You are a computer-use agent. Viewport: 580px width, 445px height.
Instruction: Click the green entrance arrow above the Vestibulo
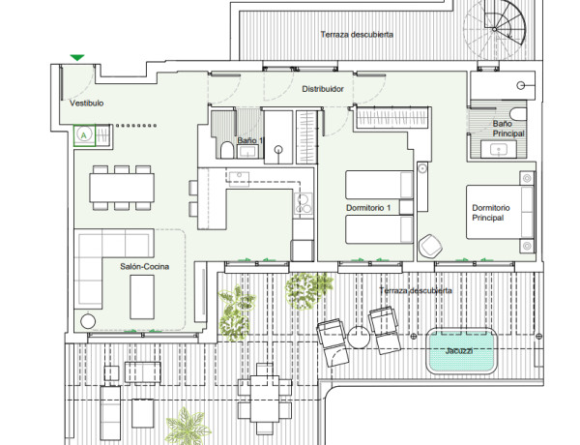[x=77, y=57]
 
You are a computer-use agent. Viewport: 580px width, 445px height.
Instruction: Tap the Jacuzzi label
[x=458, y=350]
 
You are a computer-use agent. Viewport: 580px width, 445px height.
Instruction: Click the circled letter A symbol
[x=84, y=135]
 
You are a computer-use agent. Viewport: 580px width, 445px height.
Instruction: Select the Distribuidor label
[x=323, y=89]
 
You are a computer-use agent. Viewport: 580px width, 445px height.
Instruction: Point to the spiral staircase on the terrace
[x=495, y=29]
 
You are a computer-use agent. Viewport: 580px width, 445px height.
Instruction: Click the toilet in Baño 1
[x=226, y=150]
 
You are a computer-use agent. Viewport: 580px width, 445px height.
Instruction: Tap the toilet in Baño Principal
[x=518, y=114]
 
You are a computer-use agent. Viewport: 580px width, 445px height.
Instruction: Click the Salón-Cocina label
[x=145, y=267]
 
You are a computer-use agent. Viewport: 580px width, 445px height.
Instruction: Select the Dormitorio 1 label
[x=368, y=208]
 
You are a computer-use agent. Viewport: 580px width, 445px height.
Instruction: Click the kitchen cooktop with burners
[x=303, y=203]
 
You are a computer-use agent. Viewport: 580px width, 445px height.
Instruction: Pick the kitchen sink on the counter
[x=239, y=178]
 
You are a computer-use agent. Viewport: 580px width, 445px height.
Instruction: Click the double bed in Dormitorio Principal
[x=500, y=212]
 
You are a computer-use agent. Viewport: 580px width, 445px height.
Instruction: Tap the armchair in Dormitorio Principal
[x=430, y=246]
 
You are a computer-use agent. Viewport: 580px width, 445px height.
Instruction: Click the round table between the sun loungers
[x=359, y=337]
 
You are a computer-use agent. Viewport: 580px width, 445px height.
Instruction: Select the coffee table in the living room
[x=142, y=297]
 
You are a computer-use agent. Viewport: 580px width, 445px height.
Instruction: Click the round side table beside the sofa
[x=88, y=321]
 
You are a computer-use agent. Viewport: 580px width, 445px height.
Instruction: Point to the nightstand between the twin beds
[x=406, y=207]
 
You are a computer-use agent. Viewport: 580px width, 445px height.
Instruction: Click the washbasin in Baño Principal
[x=498, y=150]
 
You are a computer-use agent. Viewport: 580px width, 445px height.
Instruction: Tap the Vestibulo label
[x=87, y=104]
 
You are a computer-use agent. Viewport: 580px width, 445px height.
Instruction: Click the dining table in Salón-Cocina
[x=122, y=188]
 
